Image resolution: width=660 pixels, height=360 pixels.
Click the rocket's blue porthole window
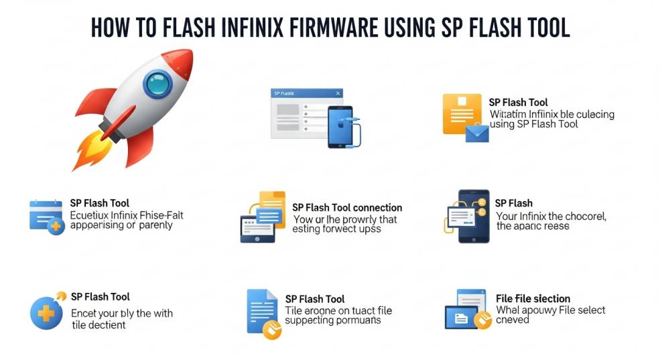[x=157, y=84]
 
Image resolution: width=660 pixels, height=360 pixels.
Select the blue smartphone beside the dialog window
[x=340, y=127]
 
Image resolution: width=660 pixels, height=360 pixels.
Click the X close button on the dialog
[x=338, y=94]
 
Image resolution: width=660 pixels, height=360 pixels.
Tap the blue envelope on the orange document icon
[x=477, y=133]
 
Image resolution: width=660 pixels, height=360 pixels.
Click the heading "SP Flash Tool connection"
[x=347, y=208]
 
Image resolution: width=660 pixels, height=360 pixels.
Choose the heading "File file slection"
[x=533, y=298]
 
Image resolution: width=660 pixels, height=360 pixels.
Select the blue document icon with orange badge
[x=263, y=314]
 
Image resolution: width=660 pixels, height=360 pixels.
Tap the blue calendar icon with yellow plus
[x=46, y=216]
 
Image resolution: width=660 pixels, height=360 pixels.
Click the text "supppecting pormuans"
[x=333, y=320]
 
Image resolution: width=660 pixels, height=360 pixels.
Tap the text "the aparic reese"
[x=533, y=226]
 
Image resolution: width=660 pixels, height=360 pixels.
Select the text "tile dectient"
[x=98, y=324]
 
